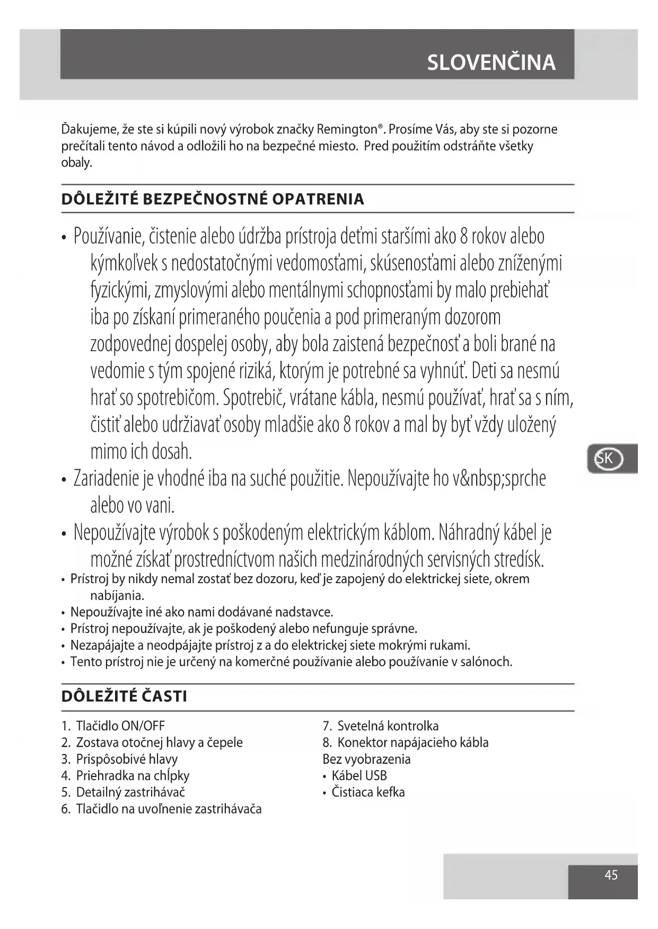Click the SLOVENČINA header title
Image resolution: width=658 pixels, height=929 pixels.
491,62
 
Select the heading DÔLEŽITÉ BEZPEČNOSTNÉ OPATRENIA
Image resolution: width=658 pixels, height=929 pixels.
213,199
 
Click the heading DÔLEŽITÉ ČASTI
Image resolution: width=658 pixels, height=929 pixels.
124,696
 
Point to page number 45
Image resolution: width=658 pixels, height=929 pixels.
611,875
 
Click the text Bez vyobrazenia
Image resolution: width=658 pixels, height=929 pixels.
366,759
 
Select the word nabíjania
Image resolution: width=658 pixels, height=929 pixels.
117,595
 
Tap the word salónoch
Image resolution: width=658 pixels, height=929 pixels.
488,662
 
